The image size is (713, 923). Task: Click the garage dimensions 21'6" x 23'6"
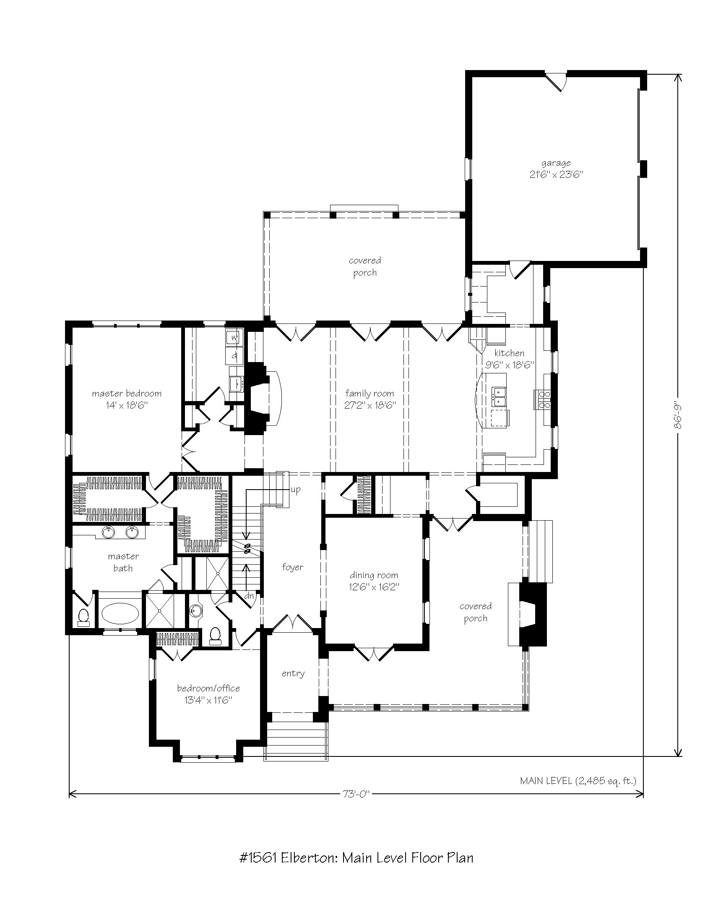point(556,175)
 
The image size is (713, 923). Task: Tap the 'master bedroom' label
point(127,394)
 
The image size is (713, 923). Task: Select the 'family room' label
point(369,394)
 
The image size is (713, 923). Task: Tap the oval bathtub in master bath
point(120,614)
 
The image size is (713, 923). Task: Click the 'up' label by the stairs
point(295,490)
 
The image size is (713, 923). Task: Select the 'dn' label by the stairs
point(250,596)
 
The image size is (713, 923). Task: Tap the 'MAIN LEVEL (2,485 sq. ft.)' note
point(578,781)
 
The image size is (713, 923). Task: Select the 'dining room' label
point(374,575)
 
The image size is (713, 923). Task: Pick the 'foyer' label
point(293,567)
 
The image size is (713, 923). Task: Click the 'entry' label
point(293,674)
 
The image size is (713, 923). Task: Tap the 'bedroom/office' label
point(209,688)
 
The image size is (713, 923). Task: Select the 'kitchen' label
point(510,353)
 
